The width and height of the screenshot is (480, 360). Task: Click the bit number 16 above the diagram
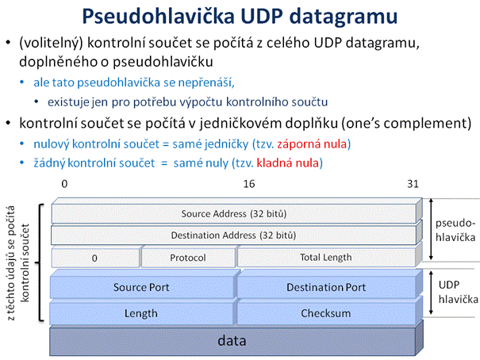coord(249,184)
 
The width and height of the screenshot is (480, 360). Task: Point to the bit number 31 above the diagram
coord(413,184)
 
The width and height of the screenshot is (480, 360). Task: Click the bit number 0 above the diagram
coord(64,184)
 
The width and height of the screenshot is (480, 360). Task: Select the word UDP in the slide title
coord(262,16)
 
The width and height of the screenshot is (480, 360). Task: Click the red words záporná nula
coord(313,144)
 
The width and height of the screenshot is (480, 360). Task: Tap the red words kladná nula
coord(288,163)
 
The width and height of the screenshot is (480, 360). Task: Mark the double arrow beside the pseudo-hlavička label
coord(431,229)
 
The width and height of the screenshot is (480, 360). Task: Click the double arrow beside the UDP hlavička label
coord(431,293)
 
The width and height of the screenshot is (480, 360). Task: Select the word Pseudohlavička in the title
coord(158,16)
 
